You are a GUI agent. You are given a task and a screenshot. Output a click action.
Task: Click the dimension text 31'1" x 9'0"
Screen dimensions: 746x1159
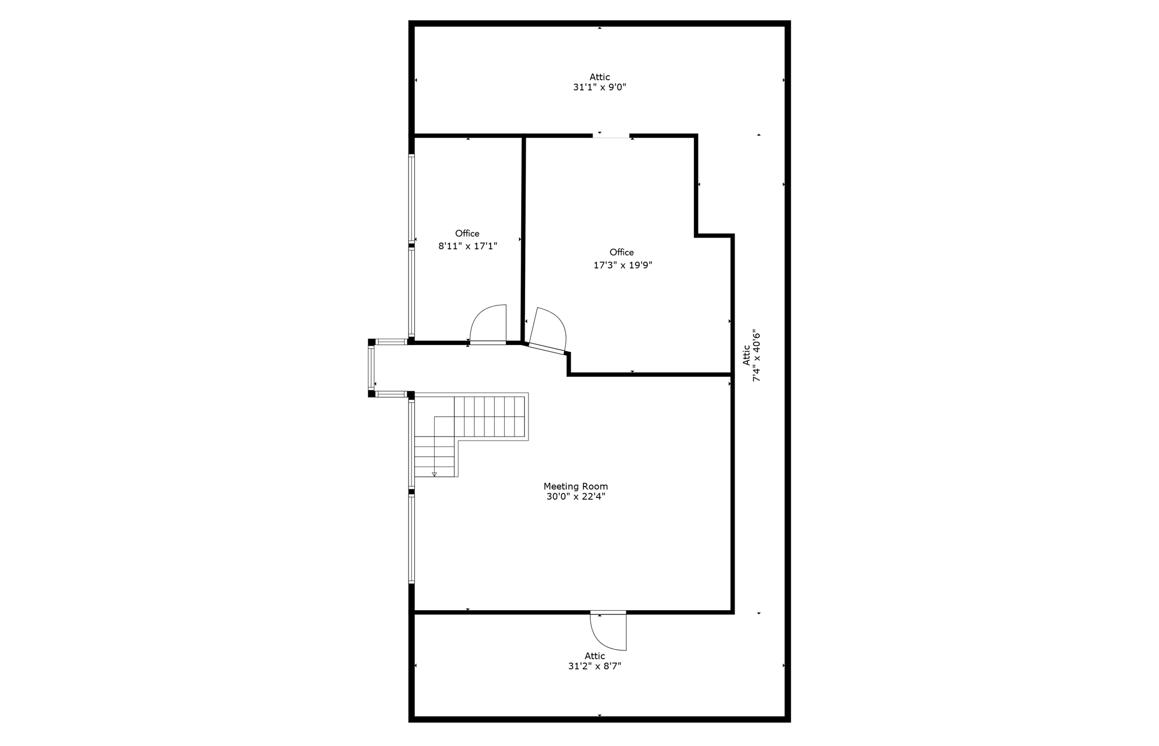(x=599, y=88)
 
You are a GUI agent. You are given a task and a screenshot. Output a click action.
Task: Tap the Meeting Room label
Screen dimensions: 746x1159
(x=576, y=486)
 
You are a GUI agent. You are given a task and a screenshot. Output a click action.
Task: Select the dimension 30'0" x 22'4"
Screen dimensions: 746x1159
(x=576, y=497)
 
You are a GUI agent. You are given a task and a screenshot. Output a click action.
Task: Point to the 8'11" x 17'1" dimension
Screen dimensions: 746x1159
(x=467, y=246)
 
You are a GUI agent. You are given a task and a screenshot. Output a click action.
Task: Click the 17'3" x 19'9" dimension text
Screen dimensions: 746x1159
(x=623, y=265)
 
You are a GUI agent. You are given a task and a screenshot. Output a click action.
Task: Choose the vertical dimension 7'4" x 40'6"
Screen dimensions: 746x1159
(x=757, y=356)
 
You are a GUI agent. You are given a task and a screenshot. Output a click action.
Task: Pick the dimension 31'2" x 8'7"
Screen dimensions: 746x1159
(x=594, y=666)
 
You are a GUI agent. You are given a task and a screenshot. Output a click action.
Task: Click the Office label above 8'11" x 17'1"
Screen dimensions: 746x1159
(x=467, y=234)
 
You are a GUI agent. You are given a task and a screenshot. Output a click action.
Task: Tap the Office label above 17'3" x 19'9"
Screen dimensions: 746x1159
(x=621, y=252)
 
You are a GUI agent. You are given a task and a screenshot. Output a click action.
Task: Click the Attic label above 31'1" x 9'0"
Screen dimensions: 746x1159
(x=599, y=77)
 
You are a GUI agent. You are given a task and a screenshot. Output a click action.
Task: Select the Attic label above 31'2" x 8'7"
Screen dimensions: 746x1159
(x=595, y=656)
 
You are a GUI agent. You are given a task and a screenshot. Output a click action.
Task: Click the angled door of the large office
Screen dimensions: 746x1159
(x=548, y=331)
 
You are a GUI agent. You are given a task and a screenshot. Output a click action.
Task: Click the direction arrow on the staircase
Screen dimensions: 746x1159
(x=435, y=474)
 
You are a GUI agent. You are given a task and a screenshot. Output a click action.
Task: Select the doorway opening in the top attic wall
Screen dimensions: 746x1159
(x=611, y=136)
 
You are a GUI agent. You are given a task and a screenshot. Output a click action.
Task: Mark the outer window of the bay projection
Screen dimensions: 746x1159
(x=371, y=368)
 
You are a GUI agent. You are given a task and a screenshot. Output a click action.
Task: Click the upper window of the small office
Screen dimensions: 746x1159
(x=411, y=199)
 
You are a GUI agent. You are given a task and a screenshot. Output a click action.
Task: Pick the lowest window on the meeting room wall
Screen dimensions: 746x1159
(x=411, y=539)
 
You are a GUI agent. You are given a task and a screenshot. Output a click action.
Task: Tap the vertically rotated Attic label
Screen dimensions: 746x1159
(x=746, y=355)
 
